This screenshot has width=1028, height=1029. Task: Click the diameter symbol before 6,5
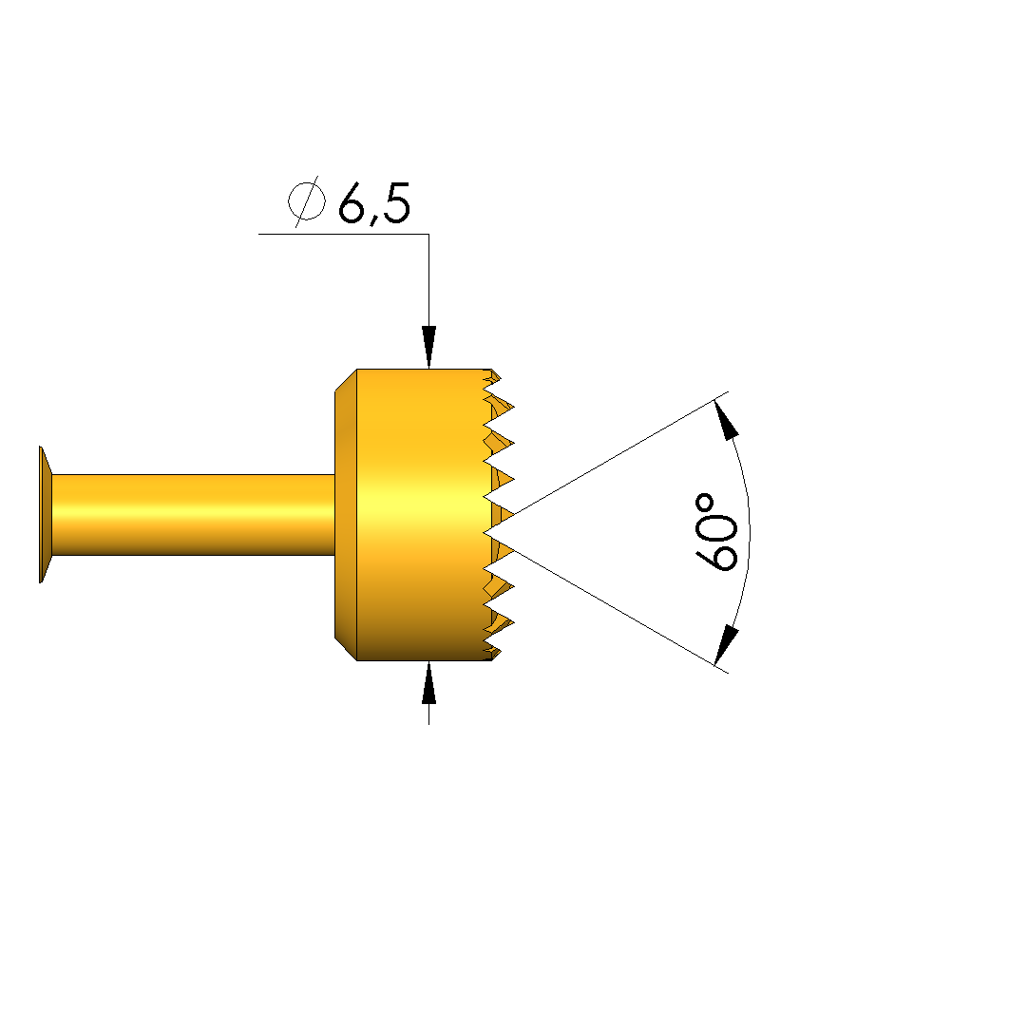(x=306, y=201)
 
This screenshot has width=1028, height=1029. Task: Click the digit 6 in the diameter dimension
(x=352, y=202)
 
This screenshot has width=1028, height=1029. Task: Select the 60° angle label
(x=716, y=531)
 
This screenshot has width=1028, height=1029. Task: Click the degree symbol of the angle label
(x=705, y=504)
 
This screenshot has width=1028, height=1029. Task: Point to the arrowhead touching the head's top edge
(x=429, y=347)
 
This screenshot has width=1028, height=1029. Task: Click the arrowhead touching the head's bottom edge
(x=429, y=682)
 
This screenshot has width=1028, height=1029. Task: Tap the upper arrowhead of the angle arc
(x=727, y=420)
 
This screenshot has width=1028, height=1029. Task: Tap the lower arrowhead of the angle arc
(x=727, y=646)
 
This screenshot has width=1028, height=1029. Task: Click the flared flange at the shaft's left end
(x=46, y=515)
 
